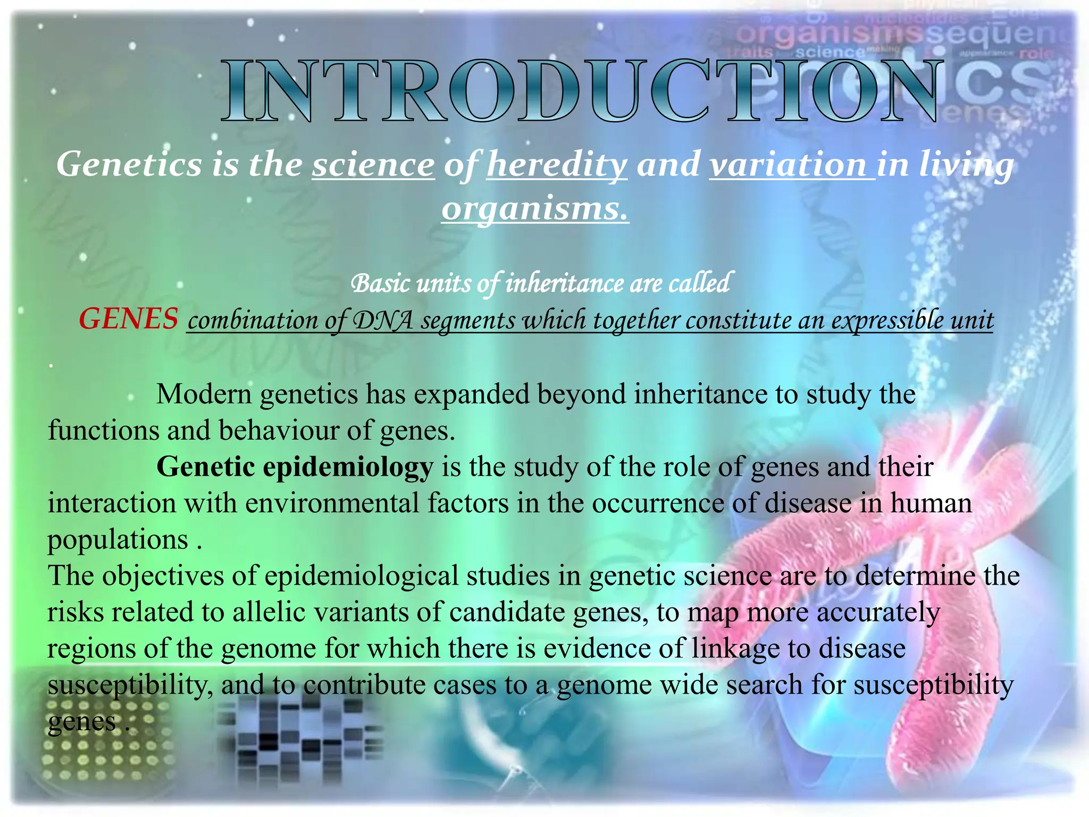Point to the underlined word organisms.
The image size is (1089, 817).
(534, 209)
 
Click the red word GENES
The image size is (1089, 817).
(128, 319)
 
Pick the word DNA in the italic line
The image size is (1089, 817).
(383, 320)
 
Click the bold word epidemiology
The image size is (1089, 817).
(348, 467)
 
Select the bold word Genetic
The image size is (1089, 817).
(206, 467)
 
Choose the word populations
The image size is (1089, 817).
(118, 540)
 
